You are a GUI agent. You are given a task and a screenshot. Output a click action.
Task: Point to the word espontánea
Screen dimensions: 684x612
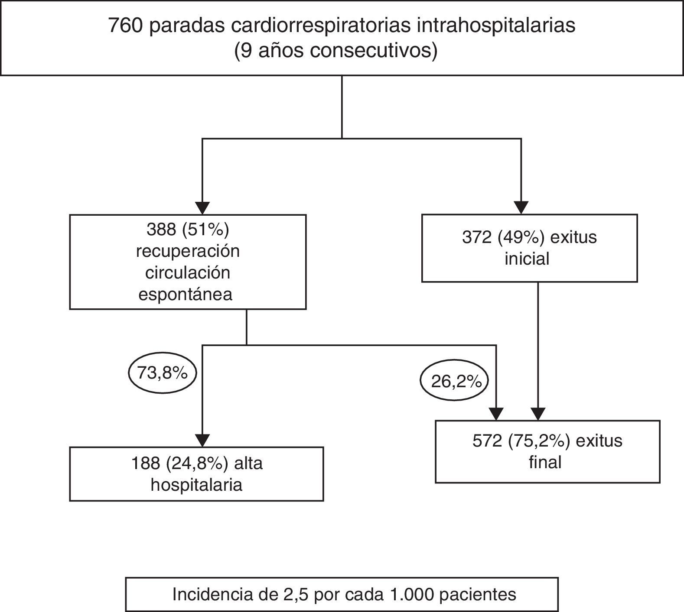pos(186,295)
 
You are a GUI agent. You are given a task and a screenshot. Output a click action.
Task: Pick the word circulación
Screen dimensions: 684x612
pos(188,273)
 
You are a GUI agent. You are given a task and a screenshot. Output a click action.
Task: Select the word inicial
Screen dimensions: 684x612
pos(527,259)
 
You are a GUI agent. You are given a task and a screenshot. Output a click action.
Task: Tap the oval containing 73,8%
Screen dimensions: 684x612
pos(163,373)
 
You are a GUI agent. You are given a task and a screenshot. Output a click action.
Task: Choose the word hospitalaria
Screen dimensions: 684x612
pos(196,485)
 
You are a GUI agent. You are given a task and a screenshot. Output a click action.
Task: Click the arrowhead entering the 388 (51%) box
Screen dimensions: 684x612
pos(202,208)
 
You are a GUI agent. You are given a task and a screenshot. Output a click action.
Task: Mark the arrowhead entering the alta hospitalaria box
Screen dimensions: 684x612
pos(202,440)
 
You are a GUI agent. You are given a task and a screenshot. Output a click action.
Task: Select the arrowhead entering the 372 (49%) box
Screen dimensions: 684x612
pos(521,207)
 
